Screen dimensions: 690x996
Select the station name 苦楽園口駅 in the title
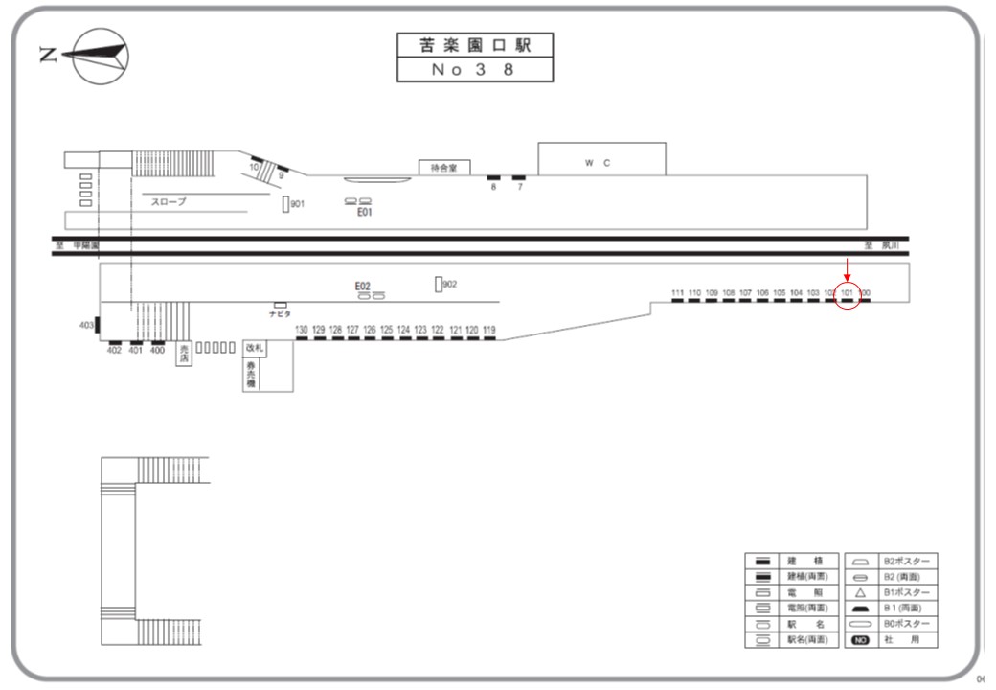476,45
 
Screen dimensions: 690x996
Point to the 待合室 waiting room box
442,167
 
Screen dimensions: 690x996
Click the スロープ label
169,202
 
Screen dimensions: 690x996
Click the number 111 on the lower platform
678,291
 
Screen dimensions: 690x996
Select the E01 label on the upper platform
364,213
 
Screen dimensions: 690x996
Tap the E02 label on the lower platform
362,286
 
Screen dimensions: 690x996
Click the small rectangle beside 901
285,204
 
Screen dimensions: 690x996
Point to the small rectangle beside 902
438,285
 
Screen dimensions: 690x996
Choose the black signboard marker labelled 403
97,326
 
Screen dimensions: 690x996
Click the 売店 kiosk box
184,353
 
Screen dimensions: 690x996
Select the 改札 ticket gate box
254,348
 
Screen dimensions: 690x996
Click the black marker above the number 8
494,178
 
